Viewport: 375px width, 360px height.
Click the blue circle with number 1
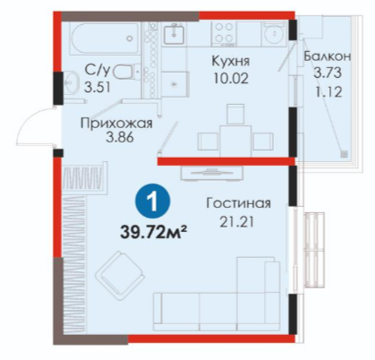click(x=152, y=202)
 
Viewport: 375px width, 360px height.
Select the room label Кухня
click(x=231, y=61)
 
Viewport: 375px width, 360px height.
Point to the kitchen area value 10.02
click(x=231, y=78)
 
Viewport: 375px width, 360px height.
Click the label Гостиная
click(x=239, y=203)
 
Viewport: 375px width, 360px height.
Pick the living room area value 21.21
click(x=237, y=222)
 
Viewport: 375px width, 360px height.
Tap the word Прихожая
click(x=116, y=123)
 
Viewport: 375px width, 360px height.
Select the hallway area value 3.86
click(x=119, y=138)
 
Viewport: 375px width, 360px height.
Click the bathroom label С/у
click(x=98, y=71)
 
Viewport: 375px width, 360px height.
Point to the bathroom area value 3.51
click(x=98, y=88)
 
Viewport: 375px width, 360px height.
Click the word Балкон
click(x=328, y=56)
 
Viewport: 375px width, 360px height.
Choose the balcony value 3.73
click(x=328, y=73)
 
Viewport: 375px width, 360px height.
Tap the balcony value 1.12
click(x=328, y=92)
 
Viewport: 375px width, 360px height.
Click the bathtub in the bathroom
click(x=105, y=39)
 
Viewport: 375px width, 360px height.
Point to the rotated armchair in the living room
click(x=120, y=275)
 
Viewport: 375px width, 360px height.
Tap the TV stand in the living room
click(x=212, y=173)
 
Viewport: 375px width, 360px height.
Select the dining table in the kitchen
click(x=235, y=141)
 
